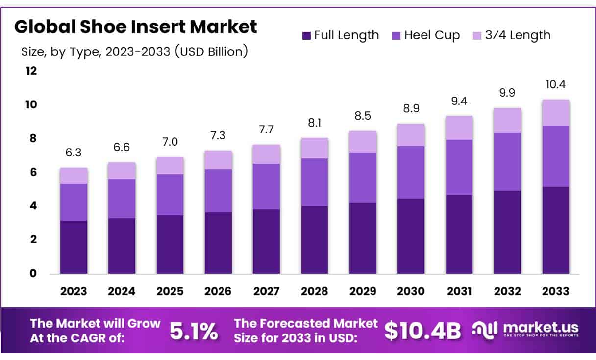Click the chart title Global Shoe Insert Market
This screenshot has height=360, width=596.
point(135,27)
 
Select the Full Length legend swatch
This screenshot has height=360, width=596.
point(307,36)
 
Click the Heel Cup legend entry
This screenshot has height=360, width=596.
point(426,35)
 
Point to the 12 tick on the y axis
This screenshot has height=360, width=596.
point(31,71)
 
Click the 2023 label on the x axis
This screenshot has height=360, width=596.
point(74,291)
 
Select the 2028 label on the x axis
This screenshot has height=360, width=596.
point(315,291)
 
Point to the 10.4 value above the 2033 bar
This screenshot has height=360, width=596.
point(555,84)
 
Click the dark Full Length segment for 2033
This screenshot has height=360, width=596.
point(555,230)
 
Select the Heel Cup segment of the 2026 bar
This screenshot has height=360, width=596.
point(218,191)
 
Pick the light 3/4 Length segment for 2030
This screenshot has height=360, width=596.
point(411,135)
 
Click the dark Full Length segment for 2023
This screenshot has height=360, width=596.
point(74,247)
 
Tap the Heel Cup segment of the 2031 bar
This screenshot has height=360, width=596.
point(459,167)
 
